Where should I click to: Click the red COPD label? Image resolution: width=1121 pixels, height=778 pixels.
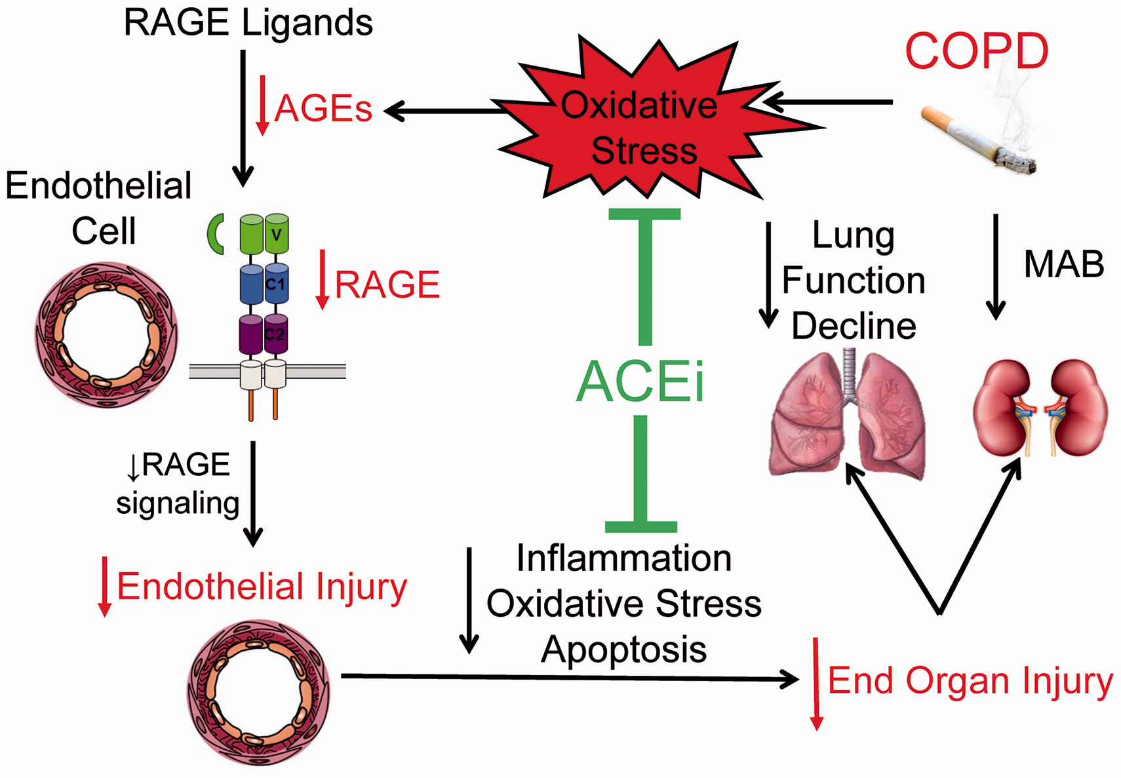(x=976, y=50)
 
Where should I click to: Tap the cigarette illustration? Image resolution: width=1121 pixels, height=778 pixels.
(x=978, y=140)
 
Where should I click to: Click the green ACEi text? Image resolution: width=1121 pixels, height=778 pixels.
(x=640, y=381)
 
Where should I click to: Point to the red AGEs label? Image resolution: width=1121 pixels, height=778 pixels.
(x=323, y=109)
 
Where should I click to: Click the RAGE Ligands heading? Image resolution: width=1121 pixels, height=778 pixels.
(x=248, y=23)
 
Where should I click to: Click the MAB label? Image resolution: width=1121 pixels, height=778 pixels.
(x=1064, y=263)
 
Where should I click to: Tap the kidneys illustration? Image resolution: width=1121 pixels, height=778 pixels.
(x=1040, y=408)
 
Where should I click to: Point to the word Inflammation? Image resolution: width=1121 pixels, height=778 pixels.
(x=624, y=558)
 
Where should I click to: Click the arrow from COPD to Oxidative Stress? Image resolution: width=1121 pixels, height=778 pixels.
(x=827, y=102)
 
